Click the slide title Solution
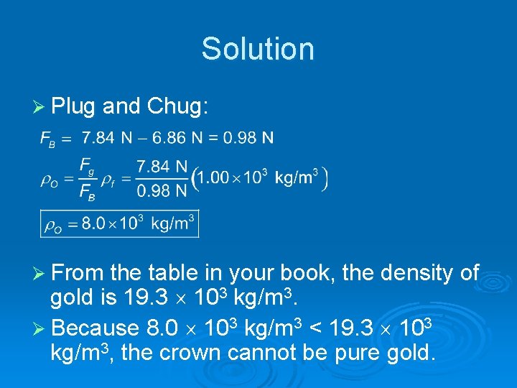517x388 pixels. tap(258, 49)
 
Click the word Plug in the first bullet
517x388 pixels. tap(74, 107)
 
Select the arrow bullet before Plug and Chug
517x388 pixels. tap(40, 108)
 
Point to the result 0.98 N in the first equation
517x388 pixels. tap(248, 137)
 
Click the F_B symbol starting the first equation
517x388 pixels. tap(47, 138)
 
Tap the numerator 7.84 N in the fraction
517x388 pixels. tap(162, 167)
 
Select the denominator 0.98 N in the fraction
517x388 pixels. tap(162, 190)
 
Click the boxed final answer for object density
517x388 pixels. tap(119, 223)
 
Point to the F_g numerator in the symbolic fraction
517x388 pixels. tap(87, 166)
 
